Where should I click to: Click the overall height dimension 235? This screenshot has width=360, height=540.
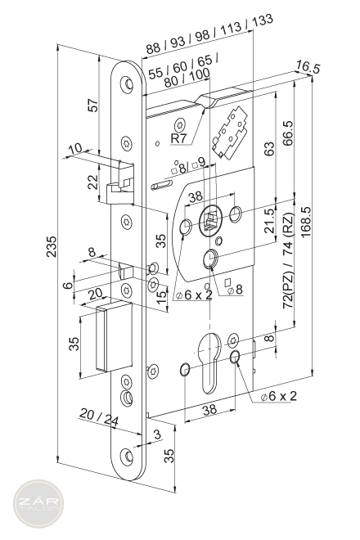tap(51, 246)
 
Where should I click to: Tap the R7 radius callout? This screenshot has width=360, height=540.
tap(178, 138)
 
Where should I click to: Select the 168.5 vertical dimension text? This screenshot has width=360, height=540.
tap(305, 222)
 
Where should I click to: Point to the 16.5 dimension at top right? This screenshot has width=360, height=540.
tap(308, 68)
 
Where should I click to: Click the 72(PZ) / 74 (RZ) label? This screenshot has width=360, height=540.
tap(288, 261)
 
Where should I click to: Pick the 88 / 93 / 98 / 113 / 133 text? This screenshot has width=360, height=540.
tap(209, 34)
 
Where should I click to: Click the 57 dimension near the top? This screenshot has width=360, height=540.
tap(92, 105)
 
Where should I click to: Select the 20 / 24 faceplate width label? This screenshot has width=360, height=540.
tap(98, 417)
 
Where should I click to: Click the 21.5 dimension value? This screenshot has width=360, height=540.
tap(270, 221)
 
